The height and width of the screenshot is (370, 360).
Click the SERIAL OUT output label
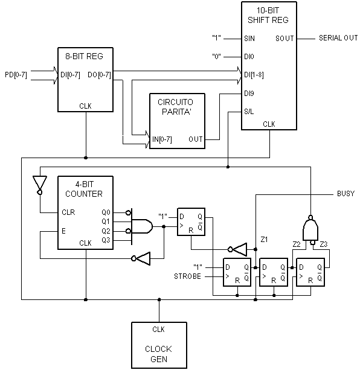pos(338,38)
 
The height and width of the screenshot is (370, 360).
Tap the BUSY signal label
pos(346,194)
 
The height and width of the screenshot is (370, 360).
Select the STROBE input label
pos(187,276)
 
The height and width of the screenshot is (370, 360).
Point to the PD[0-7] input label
pos(16,75)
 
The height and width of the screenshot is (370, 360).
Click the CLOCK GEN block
pos(159,345)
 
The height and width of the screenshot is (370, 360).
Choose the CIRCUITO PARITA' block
pos(178,121)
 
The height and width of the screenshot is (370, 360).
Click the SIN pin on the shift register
pos(249,39)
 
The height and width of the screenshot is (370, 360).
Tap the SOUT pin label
pos(284,39)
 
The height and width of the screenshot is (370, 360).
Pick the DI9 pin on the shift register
pos(249,94)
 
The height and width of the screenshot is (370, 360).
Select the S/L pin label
pos(249,112)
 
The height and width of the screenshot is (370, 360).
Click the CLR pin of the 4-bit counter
pos(68,212)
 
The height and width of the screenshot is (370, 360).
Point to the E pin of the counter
pos(63,231)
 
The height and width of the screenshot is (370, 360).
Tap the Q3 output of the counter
pos(106,240)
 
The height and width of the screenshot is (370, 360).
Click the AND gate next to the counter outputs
pos(142,226)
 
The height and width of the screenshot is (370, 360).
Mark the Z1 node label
pos(264,240)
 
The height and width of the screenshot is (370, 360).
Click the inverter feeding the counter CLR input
pos(40,185)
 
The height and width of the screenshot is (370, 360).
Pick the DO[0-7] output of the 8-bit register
pos(99,75)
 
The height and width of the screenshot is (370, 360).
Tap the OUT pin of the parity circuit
pos(196,139)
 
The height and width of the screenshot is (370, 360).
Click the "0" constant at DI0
pos(216,57)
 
